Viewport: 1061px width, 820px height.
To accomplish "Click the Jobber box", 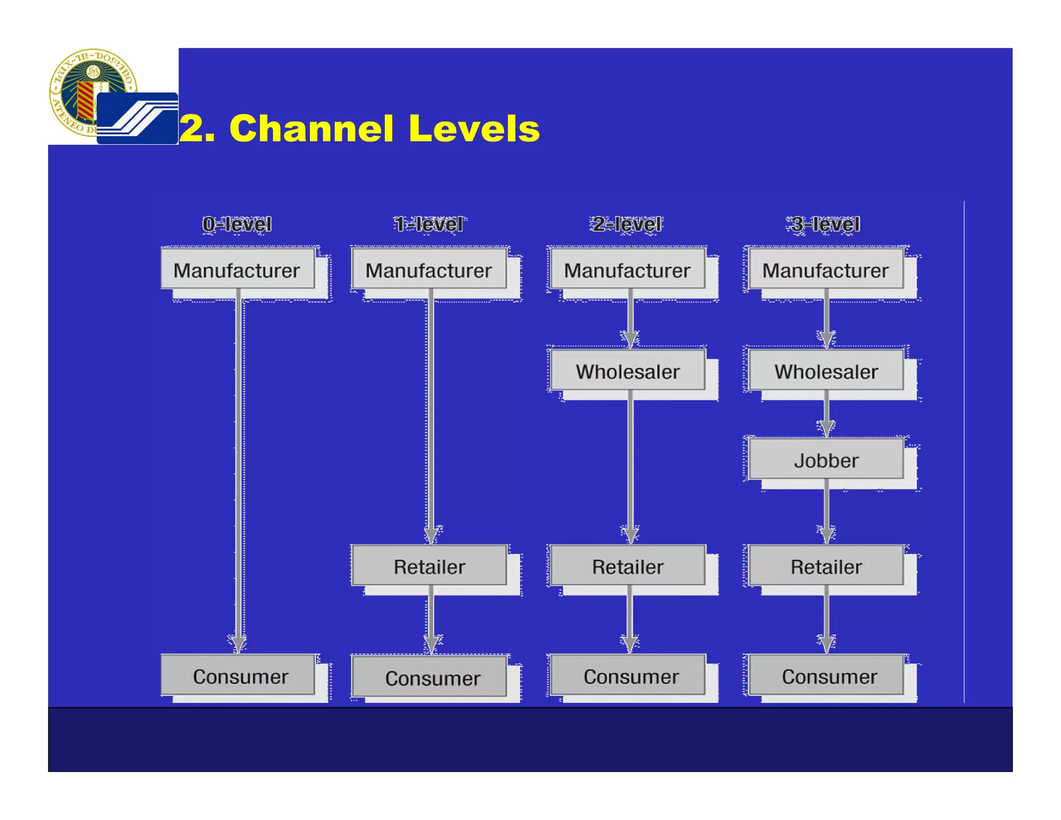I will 826,460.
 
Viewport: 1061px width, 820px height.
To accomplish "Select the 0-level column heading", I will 237,224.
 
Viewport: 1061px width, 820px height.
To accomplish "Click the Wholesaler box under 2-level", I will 627,371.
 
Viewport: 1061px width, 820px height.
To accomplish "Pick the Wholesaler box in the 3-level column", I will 826,371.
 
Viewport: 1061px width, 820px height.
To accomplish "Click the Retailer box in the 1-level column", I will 429,566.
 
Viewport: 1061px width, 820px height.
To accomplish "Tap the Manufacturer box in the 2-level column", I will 627,270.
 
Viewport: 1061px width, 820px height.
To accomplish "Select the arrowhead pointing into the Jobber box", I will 826,428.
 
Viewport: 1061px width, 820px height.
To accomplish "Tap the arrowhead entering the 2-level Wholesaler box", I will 630,340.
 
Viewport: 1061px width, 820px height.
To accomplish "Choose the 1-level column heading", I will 428,224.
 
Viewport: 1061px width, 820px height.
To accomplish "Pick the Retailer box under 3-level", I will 826,566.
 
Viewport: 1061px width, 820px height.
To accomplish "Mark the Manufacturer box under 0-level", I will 237,270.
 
